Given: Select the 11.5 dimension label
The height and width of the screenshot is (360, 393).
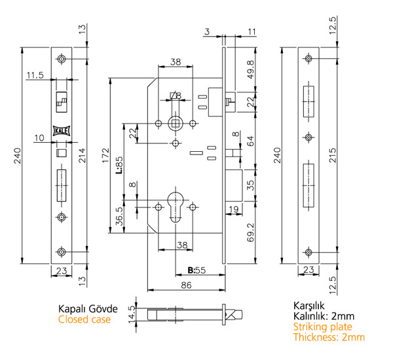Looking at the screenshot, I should pyautogui.click(x=35, y=76).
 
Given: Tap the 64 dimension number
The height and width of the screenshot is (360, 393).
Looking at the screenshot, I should pyautogui.click(x=250, y=141).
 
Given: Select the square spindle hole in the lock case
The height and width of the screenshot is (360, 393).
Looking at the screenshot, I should pyautogui.click(x=176, y=122).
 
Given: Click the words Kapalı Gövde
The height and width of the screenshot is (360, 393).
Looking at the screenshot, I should pyautogui.click(x=88, y=309).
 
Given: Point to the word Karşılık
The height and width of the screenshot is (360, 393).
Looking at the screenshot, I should pyautogui.click(x=309, y=306).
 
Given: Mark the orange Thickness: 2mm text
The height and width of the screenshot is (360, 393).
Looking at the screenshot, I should pyautogui.click(x=329, y=337).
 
